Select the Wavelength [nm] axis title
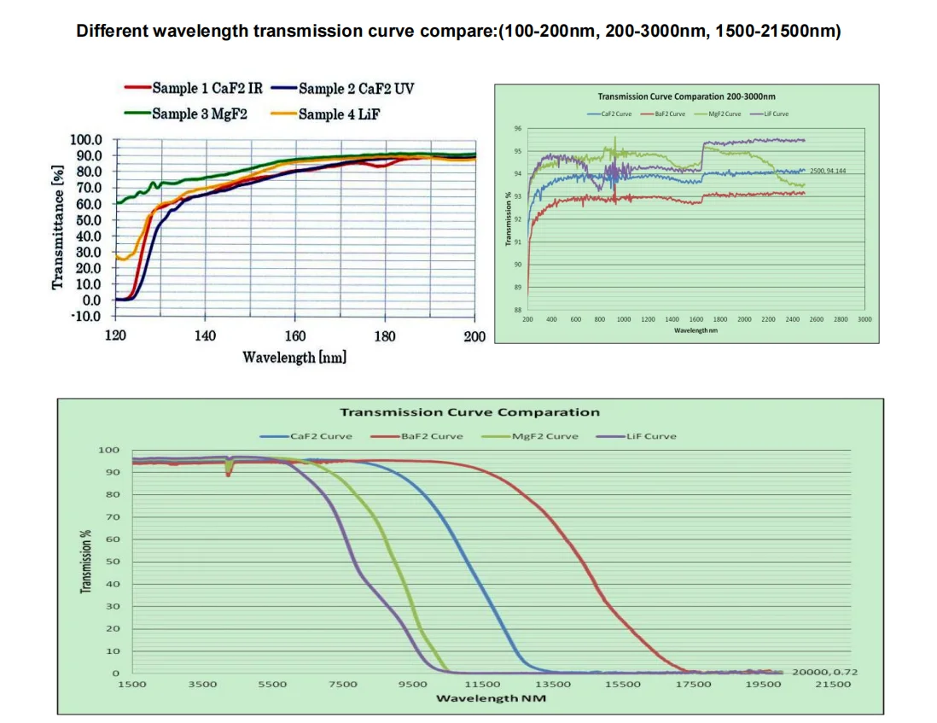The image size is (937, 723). (x=294, y=357)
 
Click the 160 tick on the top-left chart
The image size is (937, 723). (x=294, y=336)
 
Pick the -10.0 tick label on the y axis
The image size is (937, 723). (x=85, y=316)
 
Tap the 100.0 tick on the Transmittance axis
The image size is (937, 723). (x=85, y=140)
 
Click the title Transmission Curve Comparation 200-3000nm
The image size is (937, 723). (x=686, y=97)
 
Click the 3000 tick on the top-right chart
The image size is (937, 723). (x=864, y=318)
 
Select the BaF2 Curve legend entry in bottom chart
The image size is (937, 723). (x=432, y=436)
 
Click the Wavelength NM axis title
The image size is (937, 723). (x=491, y=698)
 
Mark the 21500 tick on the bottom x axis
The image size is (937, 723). (x=832, y=684)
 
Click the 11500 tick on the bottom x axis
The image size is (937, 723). (x=482, y=684)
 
